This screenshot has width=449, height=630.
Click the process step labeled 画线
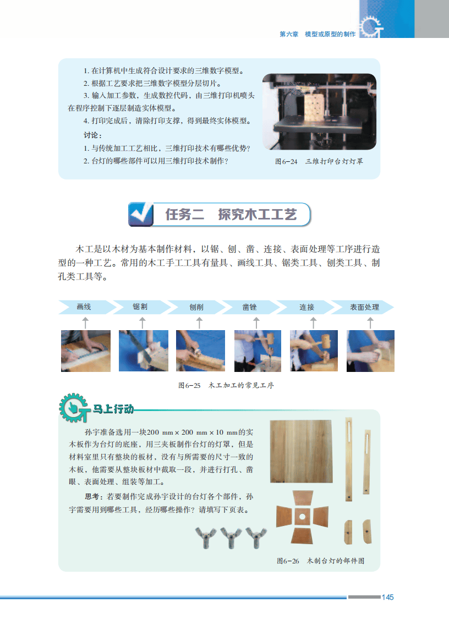[84, 307]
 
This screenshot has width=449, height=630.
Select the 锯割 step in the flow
[140, 307]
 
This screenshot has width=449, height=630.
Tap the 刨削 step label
[196, 307]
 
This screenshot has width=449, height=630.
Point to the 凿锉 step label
[250, 307]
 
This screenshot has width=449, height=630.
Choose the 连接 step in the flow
[306, 307]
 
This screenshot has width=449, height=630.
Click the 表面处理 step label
[365, 307]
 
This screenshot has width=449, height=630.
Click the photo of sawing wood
[144, 350]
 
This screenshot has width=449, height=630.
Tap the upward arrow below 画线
[85, 322]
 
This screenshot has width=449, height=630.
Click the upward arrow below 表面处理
[370, 322]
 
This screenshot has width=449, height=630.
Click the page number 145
[387, 597]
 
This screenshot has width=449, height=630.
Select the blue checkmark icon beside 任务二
[141, 215]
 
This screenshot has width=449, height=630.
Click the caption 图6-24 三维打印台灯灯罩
[319, 162]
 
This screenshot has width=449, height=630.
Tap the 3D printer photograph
[320, 112]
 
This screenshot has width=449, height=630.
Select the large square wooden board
[302, 451]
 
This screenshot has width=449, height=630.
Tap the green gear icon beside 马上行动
[74, 408]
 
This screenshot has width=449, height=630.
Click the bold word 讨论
[92, 135]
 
